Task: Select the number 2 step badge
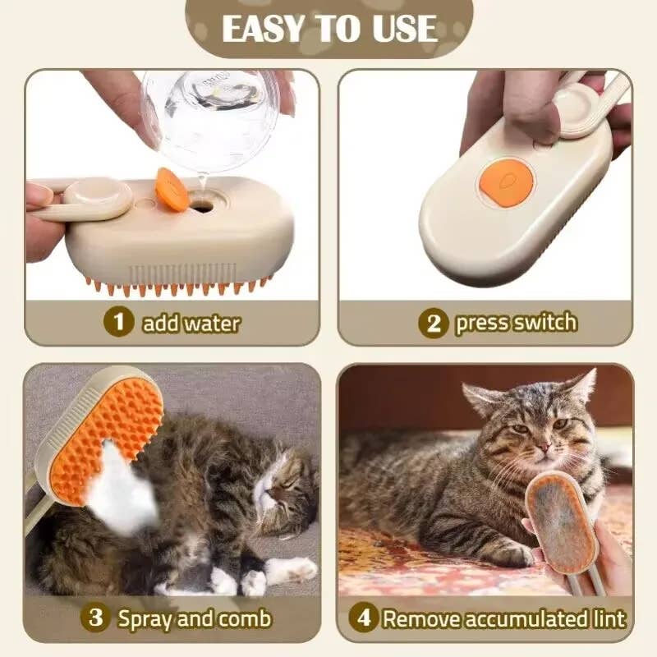434,323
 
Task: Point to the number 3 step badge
97,617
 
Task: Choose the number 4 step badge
364,618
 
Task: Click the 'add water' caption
191,322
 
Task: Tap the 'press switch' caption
516,323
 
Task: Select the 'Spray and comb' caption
194,618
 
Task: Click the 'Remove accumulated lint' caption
503,618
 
